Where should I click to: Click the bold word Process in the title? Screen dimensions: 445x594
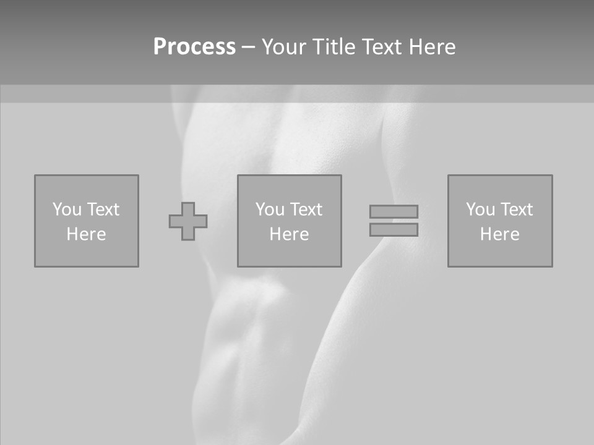(x=194, y=47)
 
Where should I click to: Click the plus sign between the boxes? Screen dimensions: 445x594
(x=188, y=221)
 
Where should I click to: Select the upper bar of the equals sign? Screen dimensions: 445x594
(x=394, y=211)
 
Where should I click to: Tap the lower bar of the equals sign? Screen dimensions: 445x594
(x=394, y=230)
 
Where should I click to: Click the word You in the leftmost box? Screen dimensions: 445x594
(x=67, y=210)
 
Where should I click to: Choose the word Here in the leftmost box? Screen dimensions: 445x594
(x=86, y=234)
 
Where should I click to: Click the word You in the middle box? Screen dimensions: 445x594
(x=270, y=210)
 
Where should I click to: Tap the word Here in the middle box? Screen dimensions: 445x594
(x=289, y=234)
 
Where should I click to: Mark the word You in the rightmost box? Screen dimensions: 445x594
(x=480, y=210)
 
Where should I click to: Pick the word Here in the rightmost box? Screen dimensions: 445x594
(x=499, y=234)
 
